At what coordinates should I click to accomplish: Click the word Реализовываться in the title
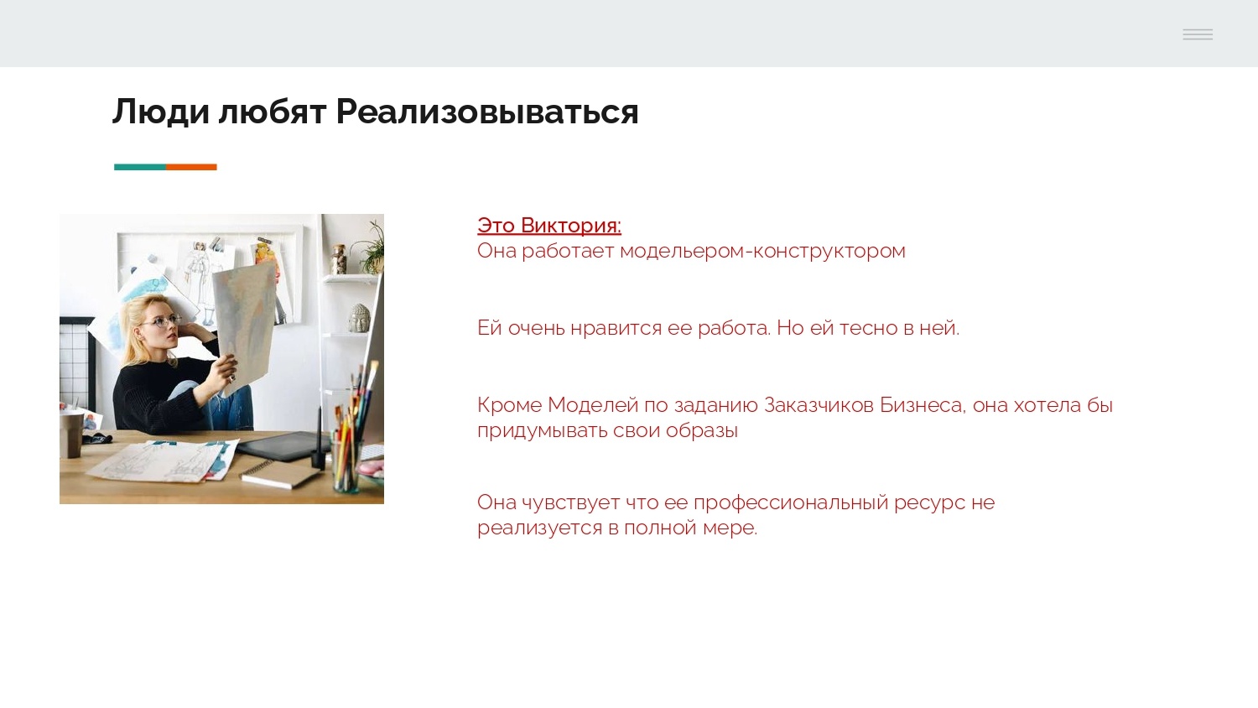click(x=486, y=112)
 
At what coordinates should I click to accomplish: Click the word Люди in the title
click(x=160, y=112)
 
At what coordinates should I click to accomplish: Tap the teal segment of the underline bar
click(x=139, y=167)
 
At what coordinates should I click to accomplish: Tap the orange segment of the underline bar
click(x=191, y=167)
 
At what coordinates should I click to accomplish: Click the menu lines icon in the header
click(x=1197, y=34)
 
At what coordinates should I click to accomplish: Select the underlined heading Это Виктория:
click(x=548, y=226)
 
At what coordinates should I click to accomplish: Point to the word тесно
click(x=868, y=328)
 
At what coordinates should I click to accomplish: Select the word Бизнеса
click(x=921, y=405)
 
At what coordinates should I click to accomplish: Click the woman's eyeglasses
click(x=166, y=320)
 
